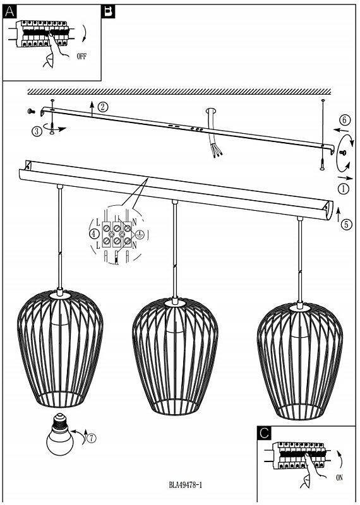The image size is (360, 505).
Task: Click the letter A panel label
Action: click(9, 12)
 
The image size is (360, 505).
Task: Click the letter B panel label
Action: click(108, 12)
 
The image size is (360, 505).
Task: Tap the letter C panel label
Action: click(264, 433)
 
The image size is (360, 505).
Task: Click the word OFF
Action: click(82, 56)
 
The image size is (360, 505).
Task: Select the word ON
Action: click(339, 478)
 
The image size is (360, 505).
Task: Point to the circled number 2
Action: click(102, 107)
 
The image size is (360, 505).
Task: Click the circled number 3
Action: click(37, 131)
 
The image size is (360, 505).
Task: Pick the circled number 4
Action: click(93, 234)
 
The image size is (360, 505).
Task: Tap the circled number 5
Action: click(347, 224)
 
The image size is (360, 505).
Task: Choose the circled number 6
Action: click(345, 120)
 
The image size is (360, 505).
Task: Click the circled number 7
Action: click(92, 438)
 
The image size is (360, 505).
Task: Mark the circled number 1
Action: click(344, 188)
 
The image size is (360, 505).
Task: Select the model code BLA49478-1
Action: click(186, 485)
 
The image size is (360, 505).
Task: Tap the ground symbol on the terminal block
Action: click(139, 235)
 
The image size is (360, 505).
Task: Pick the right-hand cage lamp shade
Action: click(300, 361)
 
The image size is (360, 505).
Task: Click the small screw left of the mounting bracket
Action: click(32, 112)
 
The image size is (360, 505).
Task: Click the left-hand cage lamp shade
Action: click(60, 348)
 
